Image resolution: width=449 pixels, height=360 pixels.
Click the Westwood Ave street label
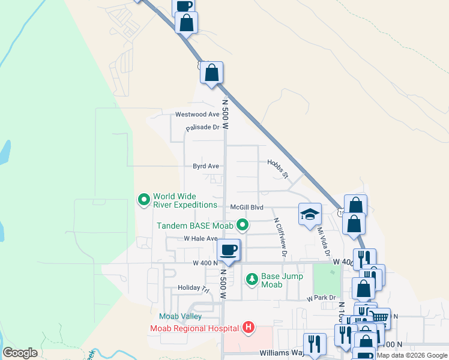197,114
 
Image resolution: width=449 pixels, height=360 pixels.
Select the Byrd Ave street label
205,166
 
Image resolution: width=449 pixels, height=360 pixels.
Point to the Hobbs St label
277,168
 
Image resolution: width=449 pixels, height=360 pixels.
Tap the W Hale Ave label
200,239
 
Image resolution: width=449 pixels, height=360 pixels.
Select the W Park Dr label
321,298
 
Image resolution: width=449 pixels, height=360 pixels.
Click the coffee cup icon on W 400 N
228,250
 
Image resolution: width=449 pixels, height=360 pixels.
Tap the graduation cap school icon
310,214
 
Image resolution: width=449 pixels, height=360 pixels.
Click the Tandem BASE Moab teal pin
243,226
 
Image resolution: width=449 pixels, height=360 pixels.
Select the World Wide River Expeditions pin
143,200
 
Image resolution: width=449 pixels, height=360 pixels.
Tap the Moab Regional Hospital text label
194,328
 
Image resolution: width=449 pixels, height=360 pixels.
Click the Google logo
20,353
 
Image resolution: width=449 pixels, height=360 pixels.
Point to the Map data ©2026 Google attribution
412,355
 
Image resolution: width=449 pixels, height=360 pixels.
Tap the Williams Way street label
282,354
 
